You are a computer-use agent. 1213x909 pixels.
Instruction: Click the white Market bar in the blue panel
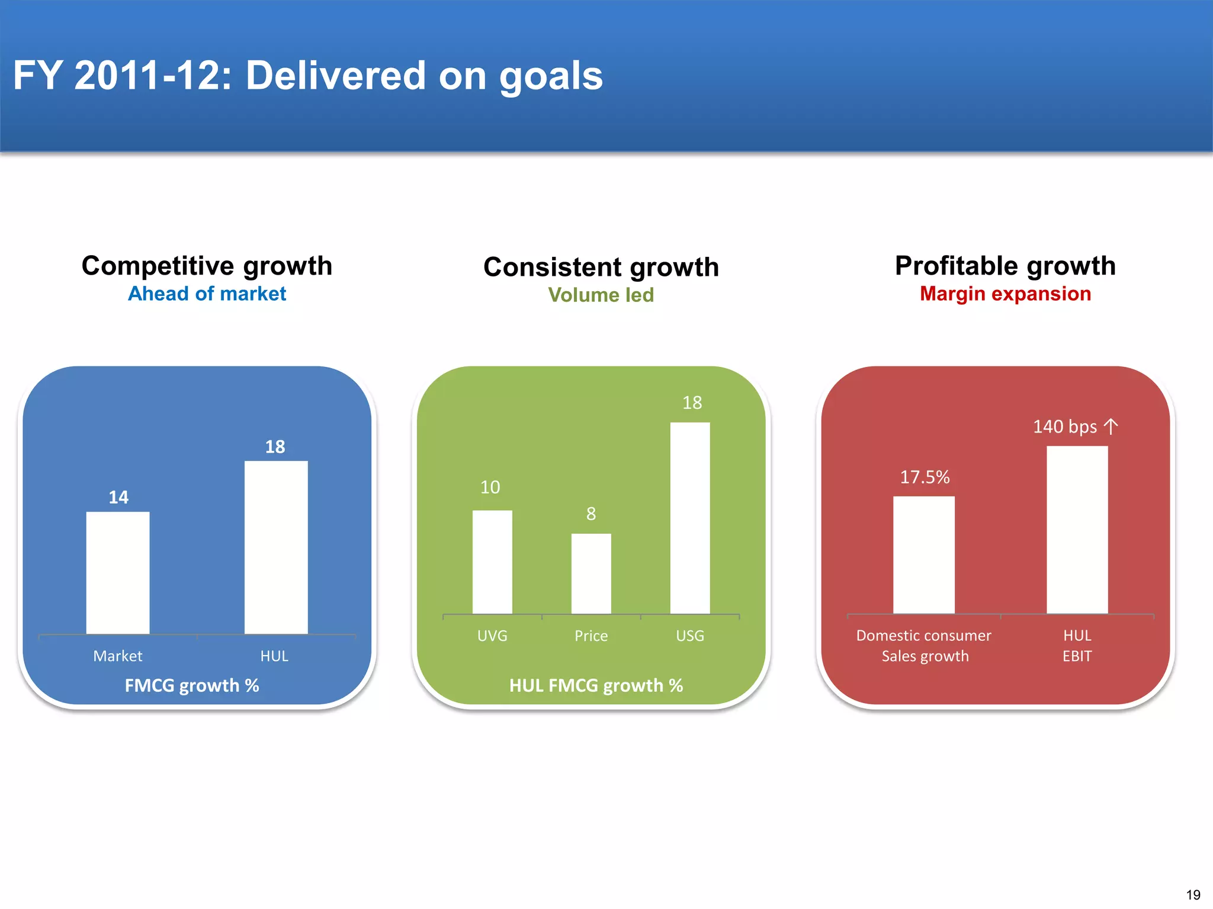[x=118, y=572]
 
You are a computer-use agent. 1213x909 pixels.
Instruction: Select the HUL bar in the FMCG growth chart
[x=276, y=547]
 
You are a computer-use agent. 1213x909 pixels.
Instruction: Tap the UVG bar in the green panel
[x=492, y=562]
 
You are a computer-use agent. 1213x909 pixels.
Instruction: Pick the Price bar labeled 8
[x=591, y=573]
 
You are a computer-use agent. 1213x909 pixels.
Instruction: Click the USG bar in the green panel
[x=690, y=518]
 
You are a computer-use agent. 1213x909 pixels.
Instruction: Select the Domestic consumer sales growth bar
[x=923, y=555]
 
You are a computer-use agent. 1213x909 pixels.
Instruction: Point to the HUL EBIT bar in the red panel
[x=1077, y=530]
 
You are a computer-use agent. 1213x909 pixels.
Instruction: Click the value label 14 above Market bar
[x=118, y=497]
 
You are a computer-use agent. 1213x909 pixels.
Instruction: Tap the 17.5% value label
[x=925, y=477]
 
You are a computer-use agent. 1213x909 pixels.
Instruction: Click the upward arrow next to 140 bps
[x=1111, y=427]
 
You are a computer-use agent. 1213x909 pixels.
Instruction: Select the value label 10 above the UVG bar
[x=490, y=487]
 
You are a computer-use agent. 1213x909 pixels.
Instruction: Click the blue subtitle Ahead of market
[x=207, y=294]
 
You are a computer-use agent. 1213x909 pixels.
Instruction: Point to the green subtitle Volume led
[x=601, y=295]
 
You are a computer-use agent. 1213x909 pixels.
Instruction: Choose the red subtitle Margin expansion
[x=1005, y=294]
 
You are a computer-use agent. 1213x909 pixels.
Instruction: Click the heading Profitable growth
[x=1005, y=266]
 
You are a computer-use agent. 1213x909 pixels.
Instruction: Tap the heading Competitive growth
[x=207, y=266]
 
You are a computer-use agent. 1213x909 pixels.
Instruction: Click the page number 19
[x=1193, y=895]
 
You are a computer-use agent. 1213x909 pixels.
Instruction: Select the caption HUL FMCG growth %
[x=596, y=685]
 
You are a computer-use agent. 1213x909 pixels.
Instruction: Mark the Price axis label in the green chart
[x=591, y=636]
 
